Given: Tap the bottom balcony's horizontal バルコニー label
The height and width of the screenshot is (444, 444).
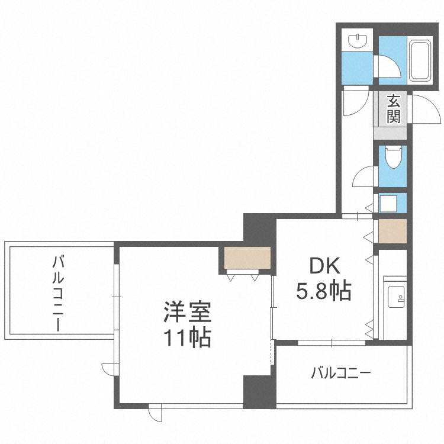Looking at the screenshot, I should pos(340,373).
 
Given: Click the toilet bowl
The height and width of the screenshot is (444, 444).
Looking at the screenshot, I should pos(392,157).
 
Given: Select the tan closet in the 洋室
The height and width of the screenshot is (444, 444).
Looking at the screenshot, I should pos(247,258).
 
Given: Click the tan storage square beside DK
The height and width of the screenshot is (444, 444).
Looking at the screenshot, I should pos(392,231).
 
